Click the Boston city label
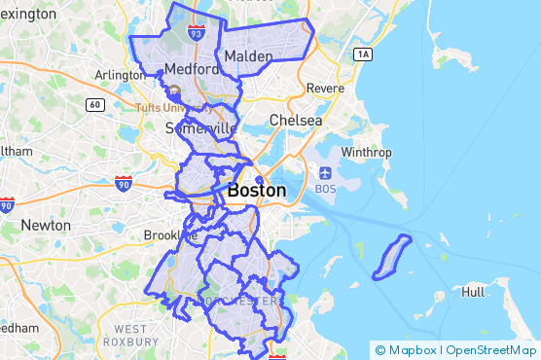tap(257, 192)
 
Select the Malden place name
tap(248, 57)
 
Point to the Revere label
tap(325, 89)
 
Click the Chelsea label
tap(296, 120)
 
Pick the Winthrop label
tap(366, 152)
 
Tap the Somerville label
tap(200, 128)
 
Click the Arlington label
tap(120, 75)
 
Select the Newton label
tap(46, 225)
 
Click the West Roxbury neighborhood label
tap(130, 336)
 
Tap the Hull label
tap(474, 292)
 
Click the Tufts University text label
tap(171, 107)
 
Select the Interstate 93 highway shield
tap(197, 34)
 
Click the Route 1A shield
tap(364, 54)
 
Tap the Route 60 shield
tap(94, 104)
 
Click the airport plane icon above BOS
tap(324, 173)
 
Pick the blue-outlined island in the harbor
tap(392, 257)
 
